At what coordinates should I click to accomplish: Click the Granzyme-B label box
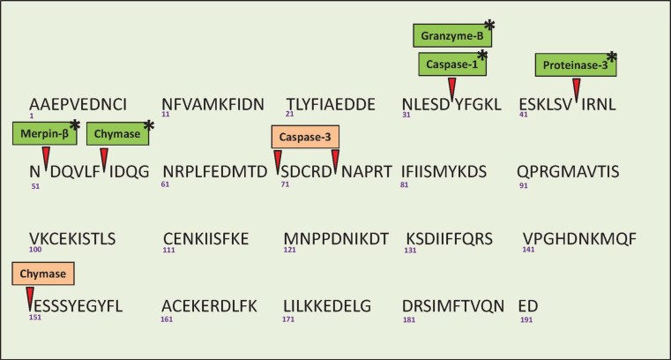coord(447,35)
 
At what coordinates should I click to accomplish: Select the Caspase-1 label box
coord(451,64)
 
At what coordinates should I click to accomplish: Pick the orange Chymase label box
coord(44,274)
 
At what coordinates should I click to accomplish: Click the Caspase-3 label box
coord(305,138)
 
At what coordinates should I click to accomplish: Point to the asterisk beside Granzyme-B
coord(488,26)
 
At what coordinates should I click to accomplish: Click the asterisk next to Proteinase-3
coord(612,57)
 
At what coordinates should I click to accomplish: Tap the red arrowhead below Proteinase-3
coord(576,89)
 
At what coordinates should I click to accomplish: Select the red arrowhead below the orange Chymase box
coord(29,296)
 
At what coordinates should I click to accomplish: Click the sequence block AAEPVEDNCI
coord(78,105)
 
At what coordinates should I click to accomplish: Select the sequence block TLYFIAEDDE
coord(331,105)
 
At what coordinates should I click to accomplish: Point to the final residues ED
coord(528,306)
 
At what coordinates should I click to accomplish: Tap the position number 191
coord(526,319)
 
